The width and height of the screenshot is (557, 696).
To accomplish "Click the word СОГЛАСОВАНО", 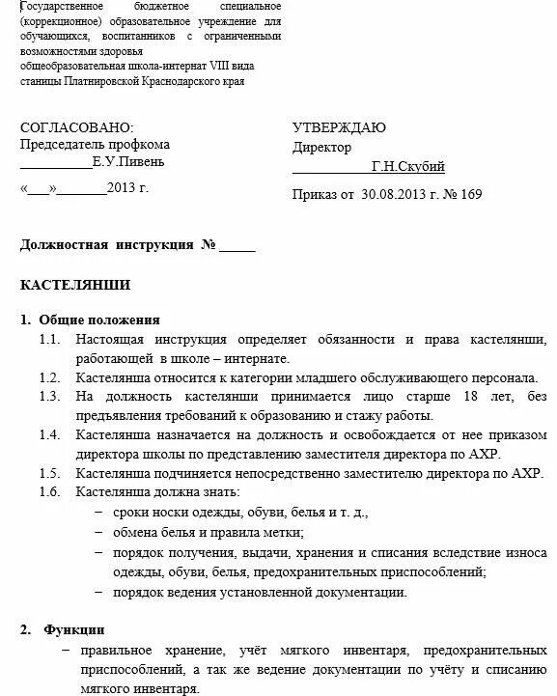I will (x=77, y=128).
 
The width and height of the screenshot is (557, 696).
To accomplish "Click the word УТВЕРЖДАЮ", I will (x=339, y=128).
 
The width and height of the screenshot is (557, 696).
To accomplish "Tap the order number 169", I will (x=471, y=194).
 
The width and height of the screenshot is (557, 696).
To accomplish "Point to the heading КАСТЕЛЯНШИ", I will (x=75, y=285).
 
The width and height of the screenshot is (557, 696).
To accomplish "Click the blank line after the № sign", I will (x=237, y=246).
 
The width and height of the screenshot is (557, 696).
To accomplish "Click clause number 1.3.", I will (x=50, y=397).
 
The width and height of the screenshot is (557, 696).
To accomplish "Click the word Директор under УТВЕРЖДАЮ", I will (x=322, y=147).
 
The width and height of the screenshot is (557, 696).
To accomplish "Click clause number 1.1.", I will (x=50, y=339).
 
